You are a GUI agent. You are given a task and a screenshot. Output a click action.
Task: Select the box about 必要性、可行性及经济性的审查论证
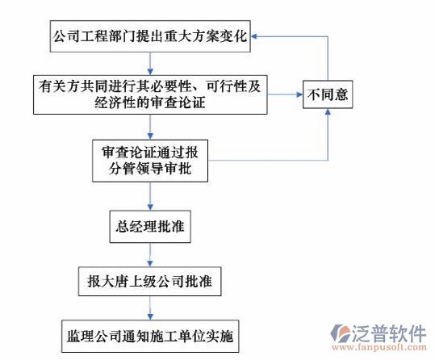click(x=150, y=94)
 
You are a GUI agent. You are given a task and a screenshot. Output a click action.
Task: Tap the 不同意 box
click(x=327, y=94)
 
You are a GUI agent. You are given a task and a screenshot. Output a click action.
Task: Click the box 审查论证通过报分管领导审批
click(x=150, y=161)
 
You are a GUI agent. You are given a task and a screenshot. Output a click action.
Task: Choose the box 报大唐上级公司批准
click(x=150, y=283)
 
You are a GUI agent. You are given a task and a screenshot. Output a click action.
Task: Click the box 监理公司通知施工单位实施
click(x=150, y=335)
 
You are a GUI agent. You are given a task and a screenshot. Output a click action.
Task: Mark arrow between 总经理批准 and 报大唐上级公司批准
click(x=150, y=255)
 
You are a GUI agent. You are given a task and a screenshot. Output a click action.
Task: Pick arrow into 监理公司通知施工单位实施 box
click(x=150, y=309)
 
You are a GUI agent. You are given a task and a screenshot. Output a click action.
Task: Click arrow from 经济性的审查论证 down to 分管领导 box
click(x=150, y=128)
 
